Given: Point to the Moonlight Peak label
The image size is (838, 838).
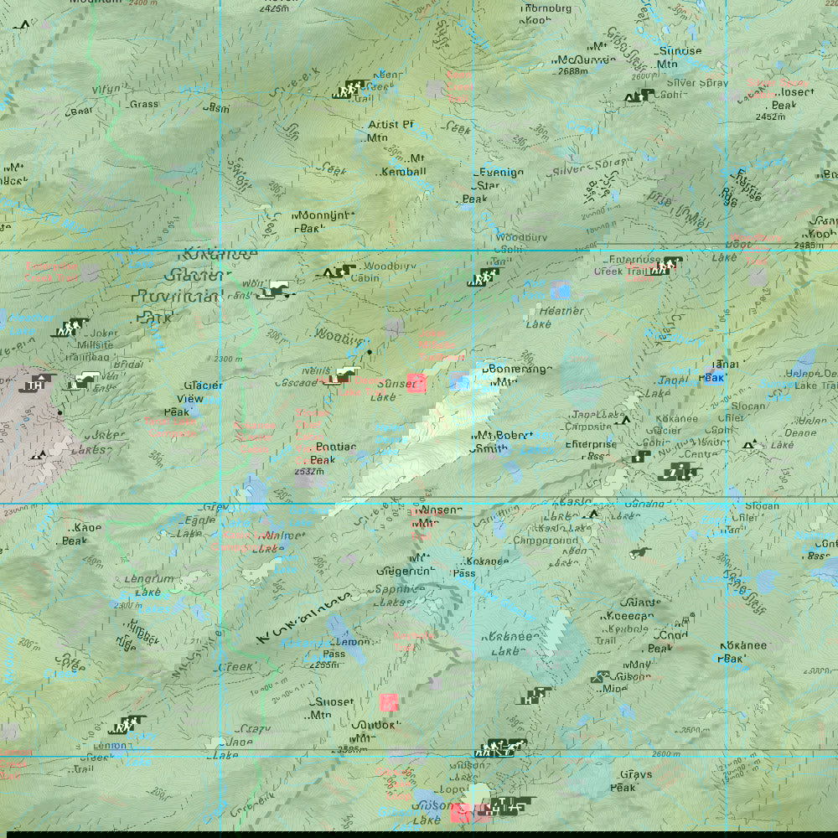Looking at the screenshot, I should (x=321, y=221).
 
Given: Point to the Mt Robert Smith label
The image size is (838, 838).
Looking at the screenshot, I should (x=502, y=442).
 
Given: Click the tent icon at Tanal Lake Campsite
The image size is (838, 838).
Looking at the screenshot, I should (x=625, y=419).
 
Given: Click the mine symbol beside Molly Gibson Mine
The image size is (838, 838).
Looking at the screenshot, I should (x=600, y=676).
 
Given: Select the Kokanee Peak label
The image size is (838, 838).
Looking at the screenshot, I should (x=743, y=652).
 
